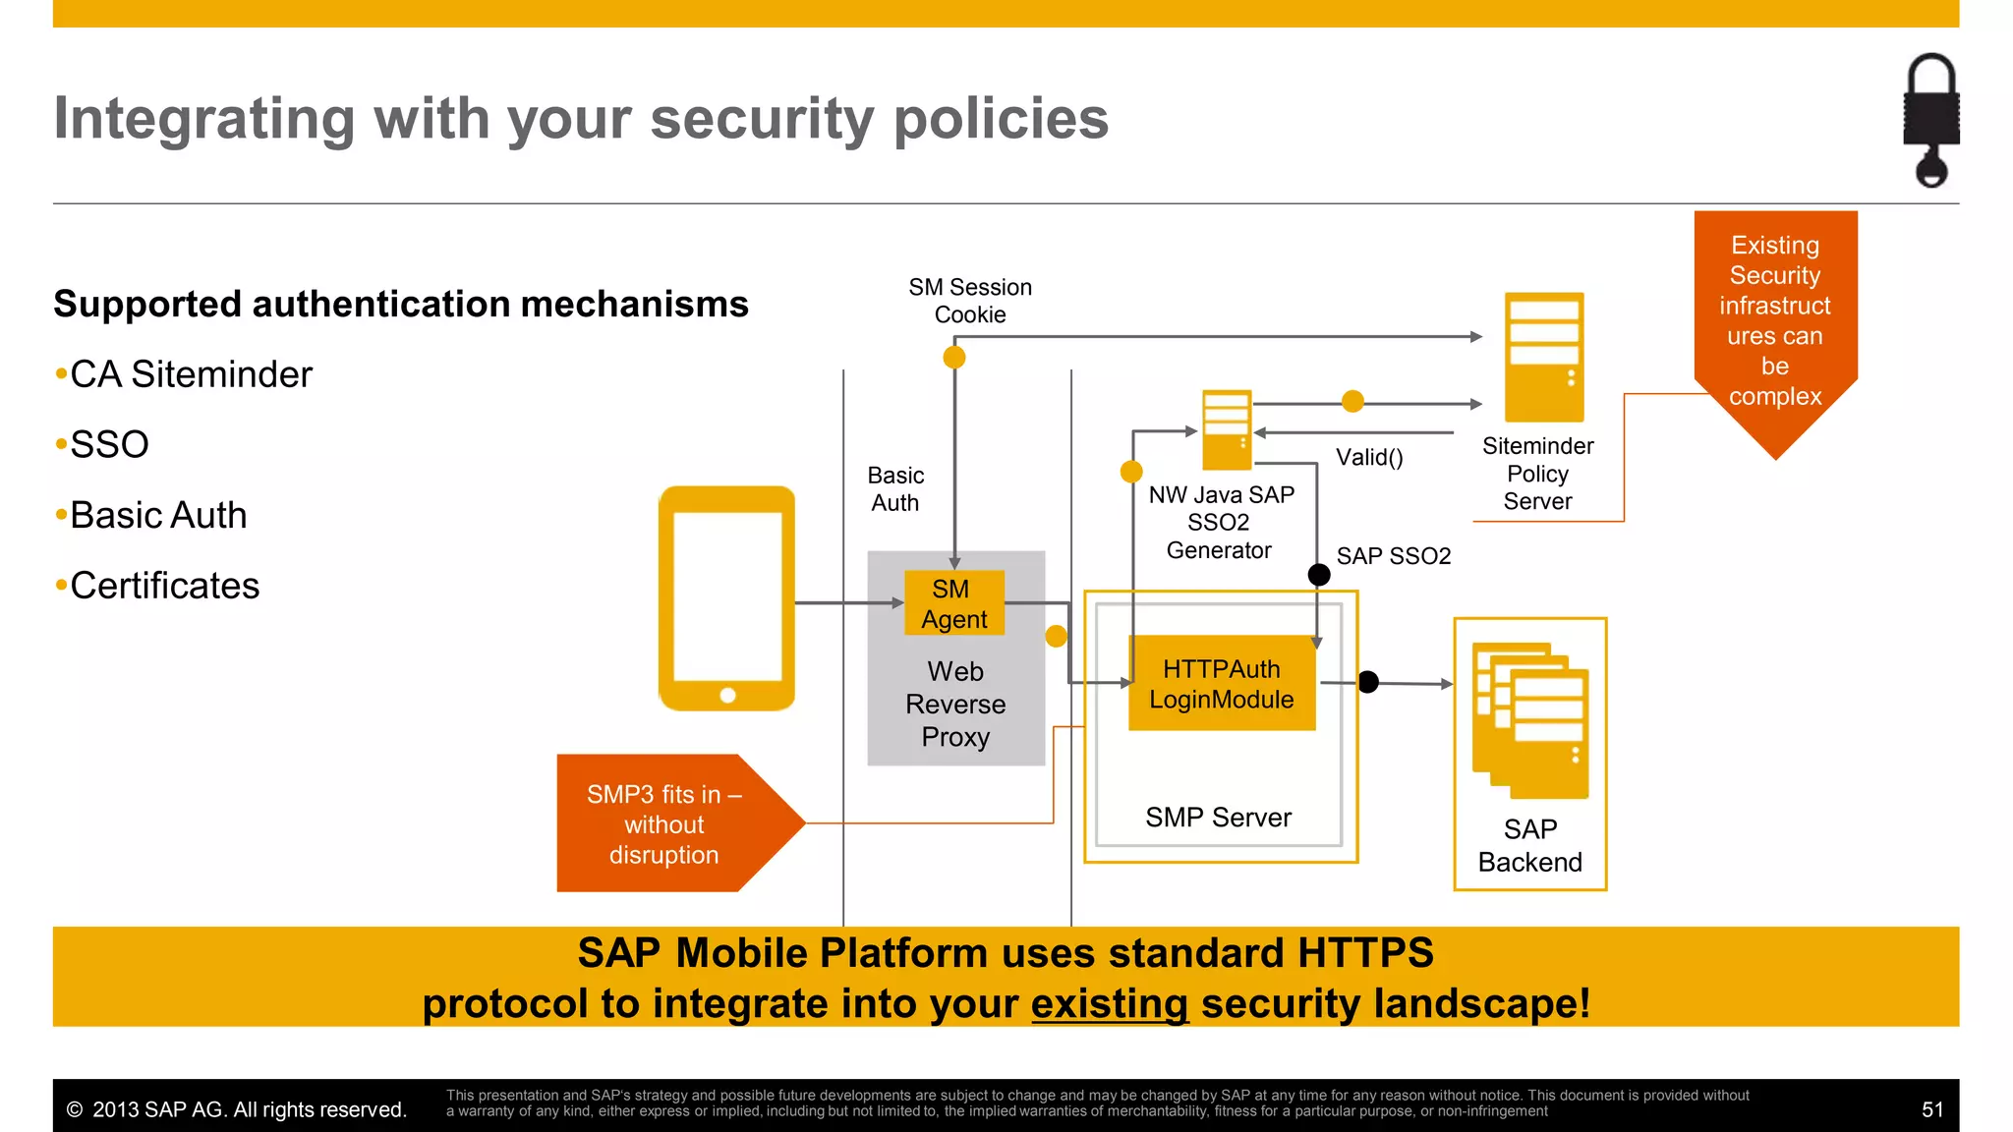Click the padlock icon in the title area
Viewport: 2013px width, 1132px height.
(1930, 118)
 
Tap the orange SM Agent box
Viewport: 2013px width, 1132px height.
(953, 603)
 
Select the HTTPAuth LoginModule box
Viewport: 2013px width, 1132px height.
(1221, 684)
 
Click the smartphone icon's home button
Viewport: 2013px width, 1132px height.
(727, 696)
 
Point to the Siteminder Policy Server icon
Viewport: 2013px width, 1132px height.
(1544, 357)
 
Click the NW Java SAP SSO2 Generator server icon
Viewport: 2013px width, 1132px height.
(1227, 430)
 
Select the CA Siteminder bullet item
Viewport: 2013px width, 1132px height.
(191, 374)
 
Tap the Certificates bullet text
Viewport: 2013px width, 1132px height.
(164, 586)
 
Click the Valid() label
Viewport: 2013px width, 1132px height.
(1369, 457)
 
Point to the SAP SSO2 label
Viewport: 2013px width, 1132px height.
(1394, 556)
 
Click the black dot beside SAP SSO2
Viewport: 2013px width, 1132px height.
(1319, 575)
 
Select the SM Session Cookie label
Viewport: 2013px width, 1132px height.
(970, 301)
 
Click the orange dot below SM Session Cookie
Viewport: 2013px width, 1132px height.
(953, 358)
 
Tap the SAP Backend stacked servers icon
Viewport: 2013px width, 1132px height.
(1530, 720)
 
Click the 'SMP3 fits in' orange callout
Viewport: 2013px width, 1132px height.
(664, 823)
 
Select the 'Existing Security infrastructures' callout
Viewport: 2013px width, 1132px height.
(1775, 320)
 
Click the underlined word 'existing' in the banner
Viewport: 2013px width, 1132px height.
(1109, 1004)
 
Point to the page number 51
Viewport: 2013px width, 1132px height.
(1931, 1109)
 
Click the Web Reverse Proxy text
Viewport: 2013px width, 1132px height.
(955, 704)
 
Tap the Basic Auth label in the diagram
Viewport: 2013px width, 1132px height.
(895, 489)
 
